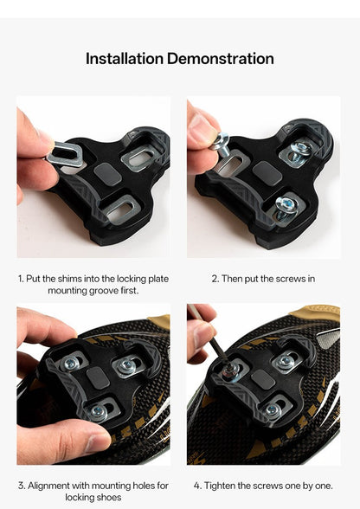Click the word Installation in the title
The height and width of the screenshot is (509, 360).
coord(124,59)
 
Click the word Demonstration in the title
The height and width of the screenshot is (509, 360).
coord(221,59)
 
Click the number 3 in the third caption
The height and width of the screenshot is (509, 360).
coord(21,486)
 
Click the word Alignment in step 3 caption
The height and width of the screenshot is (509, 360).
coord(54,486)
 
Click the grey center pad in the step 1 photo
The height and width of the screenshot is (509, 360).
coord(105,172)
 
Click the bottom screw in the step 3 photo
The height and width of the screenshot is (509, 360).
coord(99,411)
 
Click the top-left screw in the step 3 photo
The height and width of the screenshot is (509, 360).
coord(70,364)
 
